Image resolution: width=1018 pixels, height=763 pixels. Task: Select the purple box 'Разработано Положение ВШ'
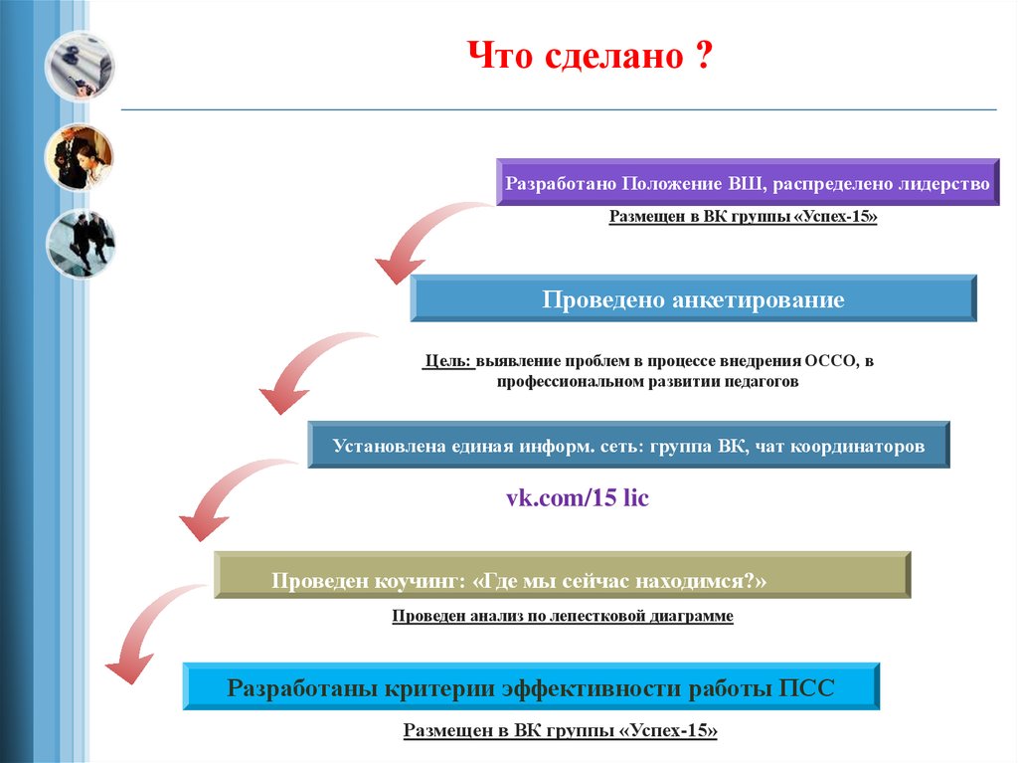748,183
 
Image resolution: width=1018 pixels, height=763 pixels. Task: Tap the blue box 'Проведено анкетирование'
693,299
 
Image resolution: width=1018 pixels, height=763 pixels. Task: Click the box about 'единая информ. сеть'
628,446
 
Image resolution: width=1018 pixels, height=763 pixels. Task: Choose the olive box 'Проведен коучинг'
563,576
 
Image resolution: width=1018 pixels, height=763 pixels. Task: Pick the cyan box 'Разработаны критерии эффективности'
531,687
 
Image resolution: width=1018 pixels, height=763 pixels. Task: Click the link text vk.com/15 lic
578,497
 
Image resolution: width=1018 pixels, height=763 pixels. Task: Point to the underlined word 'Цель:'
447,361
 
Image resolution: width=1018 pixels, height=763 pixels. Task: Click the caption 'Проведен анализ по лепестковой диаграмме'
563,617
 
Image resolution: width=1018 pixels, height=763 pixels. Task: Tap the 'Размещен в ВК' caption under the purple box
744,216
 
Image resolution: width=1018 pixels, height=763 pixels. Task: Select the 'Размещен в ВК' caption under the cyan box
560,731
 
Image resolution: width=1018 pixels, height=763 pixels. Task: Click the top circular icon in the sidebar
80,67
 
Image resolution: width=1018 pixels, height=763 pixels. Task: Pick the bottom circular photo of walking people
80,244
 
